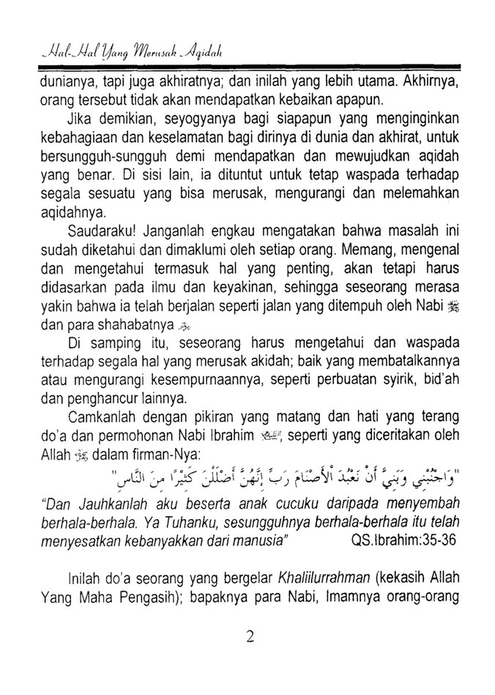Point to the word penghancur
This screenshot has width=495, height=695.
coord(98,400)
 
